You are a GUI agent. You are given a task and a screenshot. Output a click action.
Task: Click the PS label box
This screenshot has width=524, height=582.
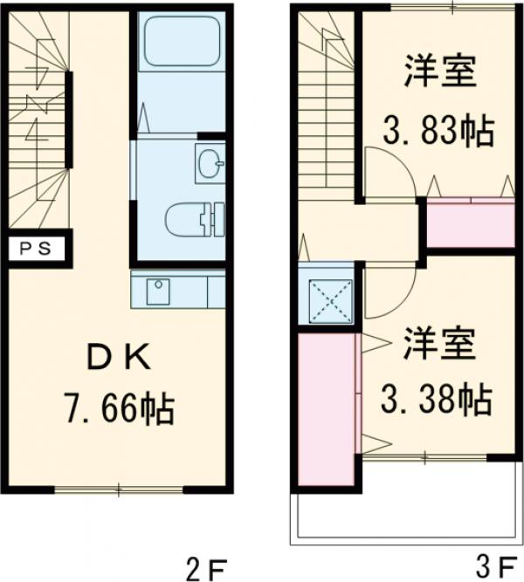36,247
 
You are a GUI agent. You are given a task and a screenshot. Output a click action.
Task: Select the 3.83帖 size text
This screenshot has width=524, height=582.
438,133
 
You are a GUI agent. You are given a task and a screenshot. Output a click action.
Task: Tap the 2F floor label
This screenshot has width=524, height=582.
206,568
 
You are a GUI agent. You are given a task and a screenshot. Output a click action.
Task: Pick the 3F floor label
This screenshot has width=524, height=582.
494,568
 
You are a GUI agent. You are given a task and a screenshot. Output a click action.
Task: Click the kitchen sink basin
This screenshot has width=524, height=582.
158,290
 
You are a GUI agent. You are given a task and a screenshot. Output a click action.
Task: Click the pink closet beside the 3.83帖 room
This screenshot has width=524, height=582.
469,224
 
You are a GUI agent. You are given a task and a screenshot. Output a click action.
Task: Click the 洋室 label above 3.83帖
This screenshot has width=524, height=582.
441,72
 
